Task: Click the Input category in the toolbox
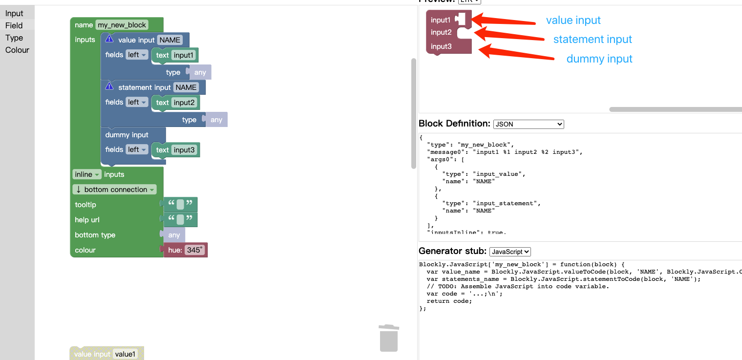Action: pyautogui.click(x=14, y=13)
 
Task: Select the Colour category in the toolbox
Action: pyautogui.click(x=17, y=50)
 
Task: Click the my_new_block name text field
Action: pyautogui.click(x=122, y=25)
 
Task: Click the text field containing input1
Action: pyautogui.click(x=184, y=55)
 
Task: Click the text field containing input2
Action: pyautogui.click(x=184, y=103)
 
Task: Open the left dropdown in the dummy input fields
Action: pyautogui.click(x=137, y=150)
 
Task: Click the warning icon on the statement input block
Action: pyautogui.click(x=109, y=86)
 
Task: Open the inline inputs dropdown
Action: pyautogui.click(x=87, y=174)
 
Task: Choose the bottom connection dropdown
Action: pyautogui.click(x=115, y=190)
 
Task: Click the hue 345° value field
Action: pyautogui.click(x=195, y=250)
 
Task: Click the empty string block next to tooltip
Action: pyautogui.click(x=180, y=205)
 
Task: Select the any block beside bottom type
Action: pyautogui.click(x=174, y=235)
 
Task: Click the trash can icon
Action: pyautogui.click(x=389, y=338)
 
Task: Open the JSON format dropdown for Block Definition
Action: pyautogui.click(x=529, y=124)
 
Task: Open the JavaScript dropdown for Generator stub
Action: pyautogui.click(x=509, y=252)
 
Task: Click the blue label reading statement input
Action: pyautogui.click(x=593, y=39)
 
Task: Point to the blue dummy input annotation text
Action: pyautogui.click(x=599, y=59)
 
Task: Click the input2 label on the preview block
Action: pyautogui.click(x=441, y=32)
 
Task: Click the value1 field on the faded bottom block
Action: pyautogui.click(x=125, y=354)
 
